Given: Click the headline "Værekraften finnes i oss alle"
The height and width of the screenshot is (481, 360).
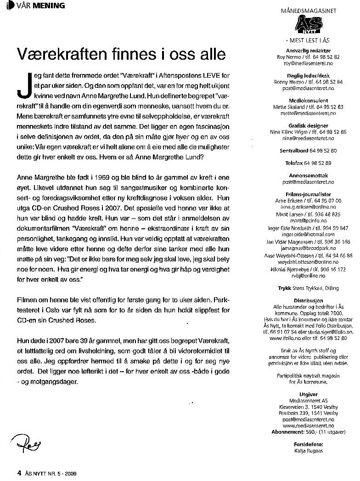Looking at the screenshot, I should pos(121,54).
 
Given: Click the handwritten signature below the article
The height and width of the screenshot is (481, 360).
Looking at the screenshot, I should pos(22,444).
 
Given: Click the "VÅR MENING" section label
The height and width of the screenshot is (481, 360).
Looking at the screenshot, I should pos(36,6).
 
